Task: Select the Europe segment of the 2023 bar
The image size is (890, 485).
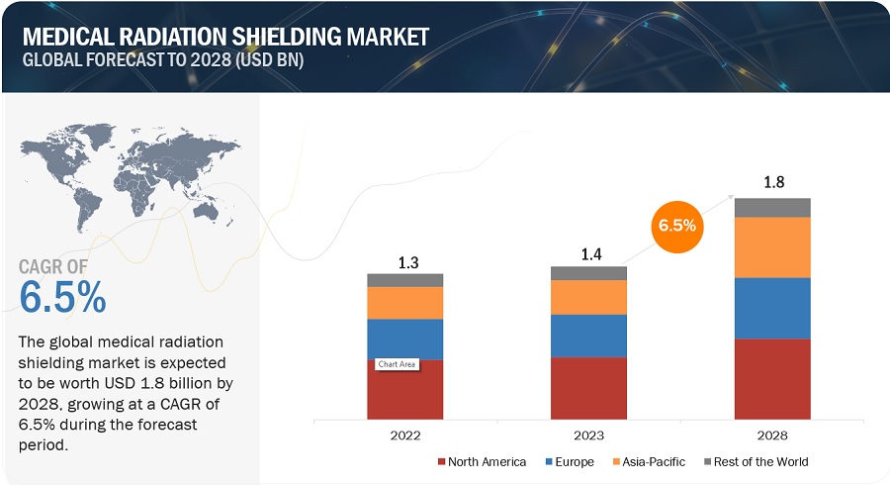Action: (588, 336)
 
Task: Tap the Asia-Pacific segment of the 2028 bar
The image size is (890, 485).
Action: (772, 246)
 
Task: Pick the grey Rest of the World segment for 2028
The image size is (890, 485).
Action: (772, 207)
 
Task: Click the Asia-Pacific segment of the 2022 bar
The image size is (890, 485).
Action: (405, 303)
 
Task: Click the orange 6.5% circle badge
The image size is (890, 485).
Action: (676, 226)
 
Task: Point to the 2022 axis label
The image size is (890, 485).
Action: (405, 435)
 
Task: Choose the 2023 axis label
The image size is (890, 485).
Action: (588, 435)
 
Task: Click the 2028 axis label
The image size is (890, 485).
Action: (772, 435)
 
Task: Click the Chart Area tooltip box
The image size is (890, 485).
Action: (396, 364)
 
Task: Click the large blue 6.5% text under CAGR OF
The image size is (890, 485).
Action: (62, 297)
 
